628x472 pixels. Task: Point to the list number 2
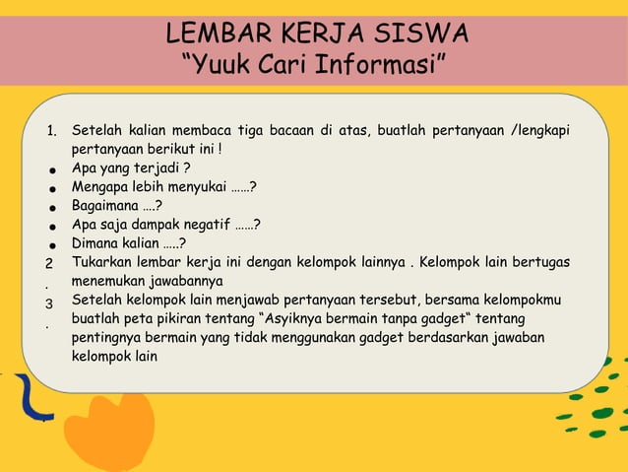point(49,264)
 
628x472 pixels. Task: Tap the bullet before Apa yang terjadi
point(49,169)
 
